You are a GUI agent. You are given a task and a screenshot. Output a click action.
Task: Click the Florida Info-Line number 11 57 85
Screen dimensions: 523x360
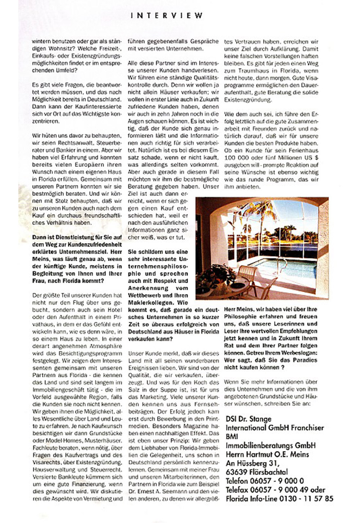click(317, 499)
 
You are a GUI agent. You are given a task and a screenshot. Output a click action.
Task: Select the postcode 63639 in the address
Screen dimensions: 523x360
click(237, 472)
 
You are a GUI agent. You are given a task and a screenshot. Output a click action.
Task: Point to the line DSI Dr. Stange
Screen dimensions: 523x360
click(248, 419)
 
